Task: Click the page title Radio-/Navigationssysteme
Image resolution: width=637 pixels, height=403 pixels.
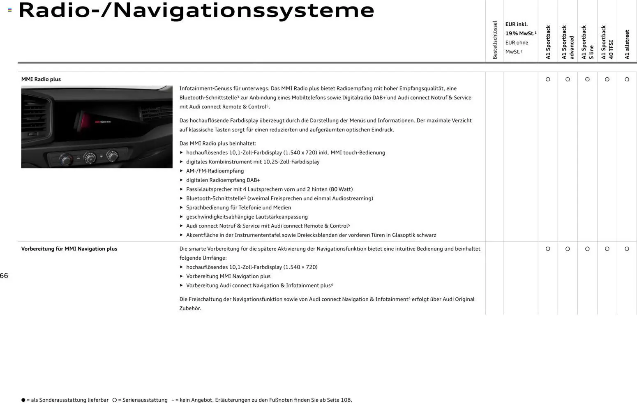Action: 196,11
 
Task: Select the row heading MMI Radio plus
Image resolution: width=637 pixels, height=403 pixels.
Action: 41,79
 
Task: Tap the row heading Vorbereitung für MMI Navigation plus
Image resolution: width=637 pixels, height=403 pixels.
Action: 69,249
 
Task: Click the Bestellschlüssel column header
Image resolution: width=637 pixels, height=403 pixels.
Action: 495,40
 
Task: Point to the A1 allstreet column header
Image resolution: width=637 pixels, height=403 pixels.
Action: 627,44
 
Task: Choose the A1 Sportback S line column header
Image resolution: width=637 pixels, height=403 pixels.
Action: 587,42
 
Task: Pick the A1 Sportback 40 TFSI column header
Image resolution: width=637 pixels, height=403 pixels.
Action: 607,42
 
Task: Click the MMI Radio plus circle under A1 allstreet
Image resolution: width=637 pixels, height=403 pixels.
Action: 627,79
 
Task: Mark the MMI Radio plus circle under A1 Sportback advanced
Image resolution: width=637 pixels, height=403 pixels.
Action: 568,79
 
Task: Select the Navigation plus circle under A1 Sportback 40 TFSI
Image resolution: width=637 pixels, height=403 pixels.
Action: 607,249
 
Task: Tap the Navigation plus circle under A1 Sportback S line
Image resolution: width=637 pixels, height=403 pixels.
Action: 587,249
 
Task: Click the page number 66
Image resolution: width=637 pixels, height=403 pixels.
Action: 4,276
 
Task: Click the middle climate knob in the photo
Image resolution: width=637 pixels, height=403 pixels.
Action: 89,157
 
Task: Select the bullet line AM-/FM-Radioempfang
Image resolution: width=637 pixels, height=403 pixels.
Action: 215,171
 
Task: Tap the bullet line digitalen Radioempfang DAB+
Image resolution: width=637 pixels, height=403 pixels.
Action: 223,180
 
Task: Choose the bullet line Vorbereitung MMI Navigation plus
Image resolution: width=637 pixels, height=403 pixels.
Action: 228,276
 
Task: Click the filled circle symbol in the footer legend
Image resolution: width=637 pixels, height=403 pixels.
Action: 23,400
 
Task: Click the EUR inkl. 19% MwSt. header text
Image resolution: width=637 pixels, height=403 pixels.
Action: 520,29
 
